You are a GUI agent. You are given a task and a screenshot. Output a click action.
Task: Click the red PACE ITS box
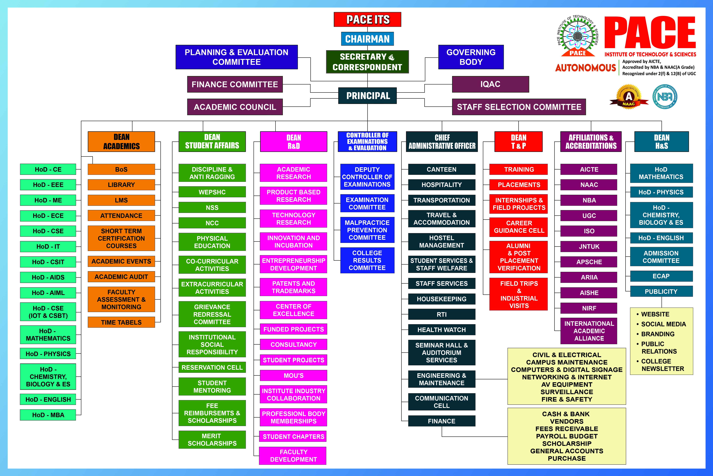[367, 19]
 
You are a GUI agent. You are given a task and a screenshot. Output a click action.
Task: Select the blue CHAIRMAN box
[367, 39]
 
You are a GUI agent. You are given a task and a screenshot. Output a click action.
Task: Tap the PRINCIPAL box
[367, 96]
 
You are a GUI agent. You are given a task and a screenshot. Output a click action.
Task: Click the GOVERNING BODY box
[471, 57]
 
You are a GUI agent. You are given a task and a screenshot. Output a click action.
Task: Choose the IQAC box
[490, 84]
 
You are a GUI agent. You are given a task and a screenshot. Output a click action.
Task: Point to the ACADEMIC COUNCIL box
[235, 107]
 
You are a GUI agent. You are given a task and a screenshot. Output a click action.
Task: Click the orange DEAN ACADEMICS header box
[121, 141]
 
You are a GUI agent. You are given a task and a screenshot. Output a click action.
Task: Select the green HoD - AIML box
[48, 293]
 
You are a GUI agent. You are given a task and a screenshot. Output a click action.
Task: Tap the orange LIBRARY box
[121, 185]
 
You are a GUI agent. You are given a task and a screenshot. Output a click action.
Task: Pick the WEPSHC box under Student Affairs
[212, 192]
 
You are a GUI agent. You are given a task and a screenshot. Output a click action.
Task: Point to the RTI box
[441, 314]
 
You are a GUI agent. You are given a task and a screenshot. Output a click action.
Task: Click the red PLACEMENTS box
[519, 185]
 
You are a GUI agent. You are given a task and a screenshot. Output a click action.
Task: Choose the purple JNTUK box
[589, 246]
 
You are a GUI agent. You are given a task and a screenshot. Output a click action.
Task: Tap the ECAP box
[661, 276]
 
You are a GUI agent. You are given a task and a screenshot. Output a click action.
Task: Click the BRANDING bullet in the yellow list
[658, 334]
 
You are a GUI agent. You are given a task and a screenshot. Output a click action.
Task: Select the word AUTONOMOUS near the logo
[585, 68]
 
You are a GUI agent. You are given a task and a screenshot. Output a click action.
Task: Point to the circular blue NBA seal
[665, 97]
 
